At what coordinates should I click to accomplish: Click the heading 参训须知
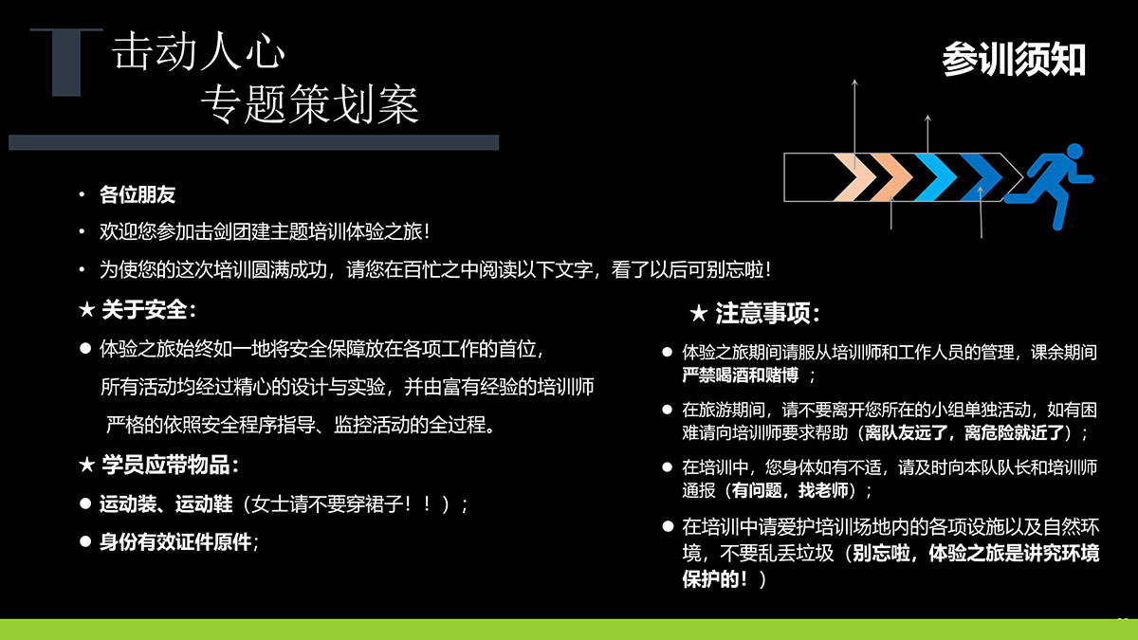tap(1014, 60)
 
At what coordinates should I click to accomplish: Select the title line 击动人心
tap(198, 50)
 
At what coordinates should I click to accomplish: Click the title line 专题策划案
tap(310, 104)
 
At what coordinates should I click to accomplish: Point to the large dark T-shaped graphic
tap(66, 62)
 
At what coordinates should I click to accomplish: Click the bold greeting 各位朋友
tap(138, 194)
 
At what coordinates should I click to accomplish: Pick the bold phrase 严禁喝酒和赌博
tap(741, 375)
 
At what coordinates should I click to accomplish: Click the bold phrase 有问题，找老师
tap(790, 490)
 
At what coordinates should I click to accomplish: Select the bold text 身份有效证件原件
tap(175, 542)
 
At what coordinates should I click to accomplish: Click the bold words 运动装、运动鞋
tap(166, 503)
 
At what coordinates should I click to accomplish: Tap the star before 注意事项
tap(699, 314)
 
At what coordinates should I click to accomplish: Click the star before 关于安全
tap(87, 309)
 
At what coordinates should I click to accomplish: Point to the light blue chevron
tap(935, 177)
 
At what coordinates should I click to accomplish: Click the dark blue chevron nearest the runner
tap(981, 177)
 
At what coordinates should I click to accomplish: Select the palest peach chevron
tap(854, 177)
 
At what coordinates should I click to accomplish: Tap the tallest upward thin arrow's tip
tap(855, 80)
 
